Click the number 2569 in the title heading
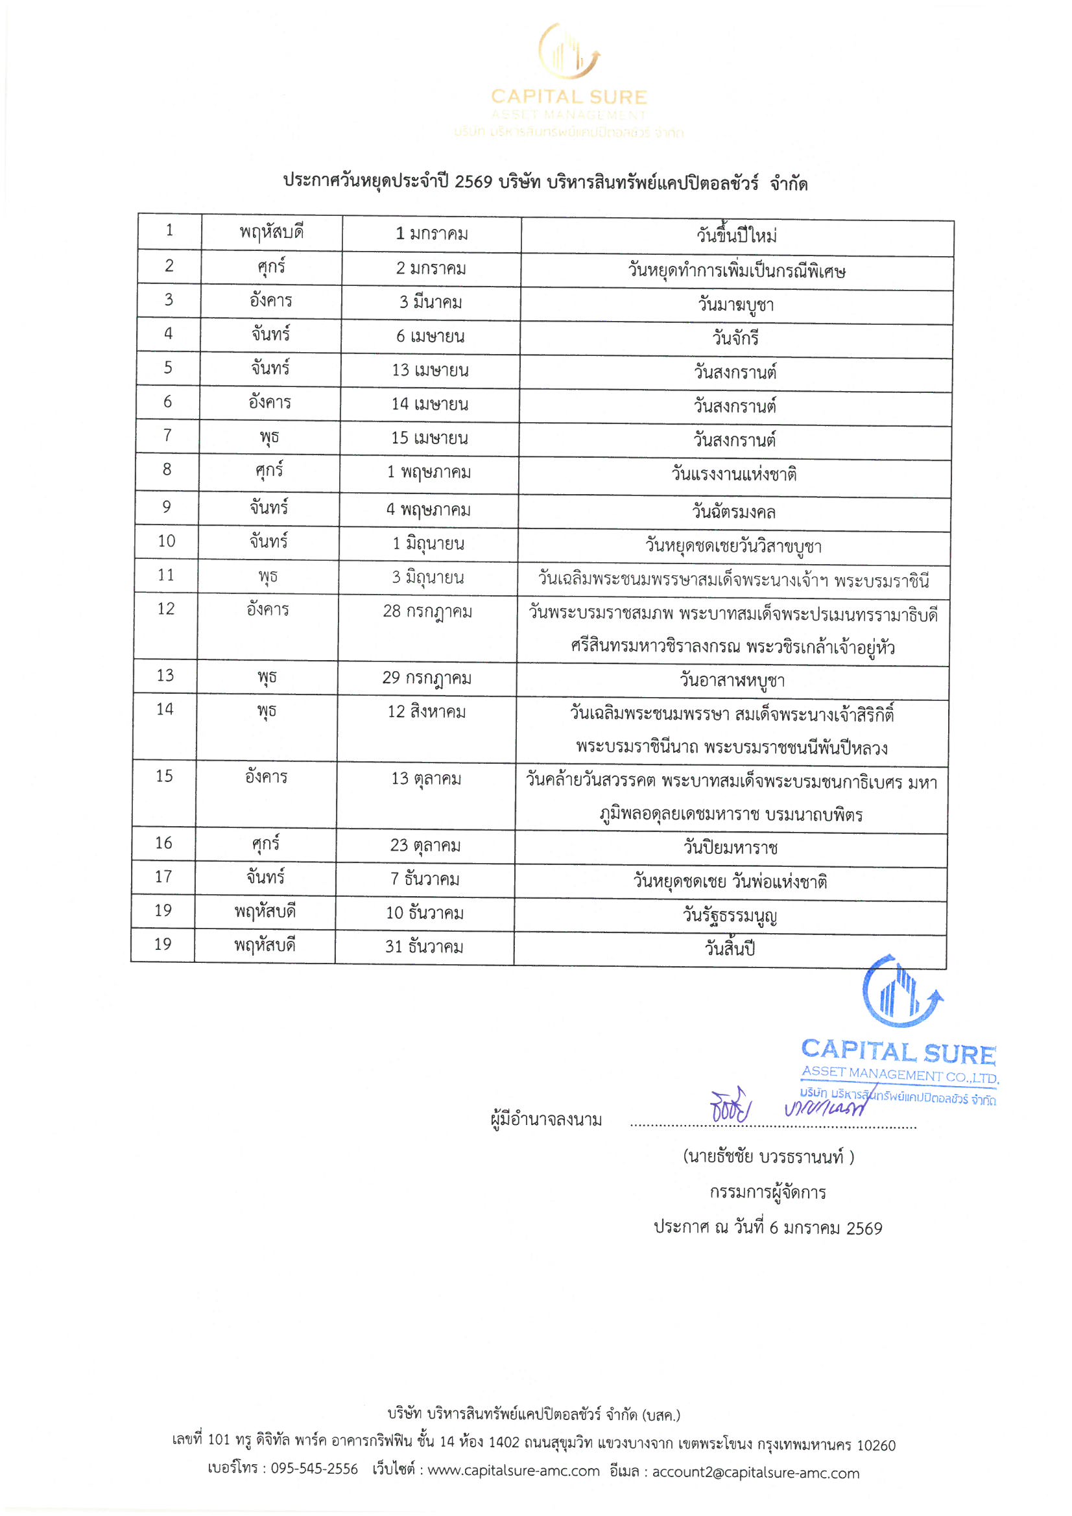point(473,182)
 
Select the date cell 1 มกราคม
point(431,233)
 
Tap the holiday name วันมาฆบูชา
point(736,305)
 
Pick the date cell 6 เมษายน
point(430,337)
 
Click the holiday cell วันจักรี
point(735,338)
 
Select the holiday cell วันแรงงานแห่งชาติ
point(734,474)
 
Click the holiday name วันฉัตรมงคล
point(734,512)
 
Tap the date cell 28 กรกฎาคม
point(427,612)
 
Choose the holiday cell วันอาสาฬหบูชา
point(732,680)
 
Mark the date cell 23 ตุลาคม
point(425,846)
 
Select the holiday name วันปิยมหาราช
point(730,847)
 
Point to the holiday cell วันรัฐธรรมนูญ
point(730,916)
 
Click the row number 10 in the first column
point(167,541)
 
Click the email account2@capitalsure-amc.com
point(756,1473)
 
